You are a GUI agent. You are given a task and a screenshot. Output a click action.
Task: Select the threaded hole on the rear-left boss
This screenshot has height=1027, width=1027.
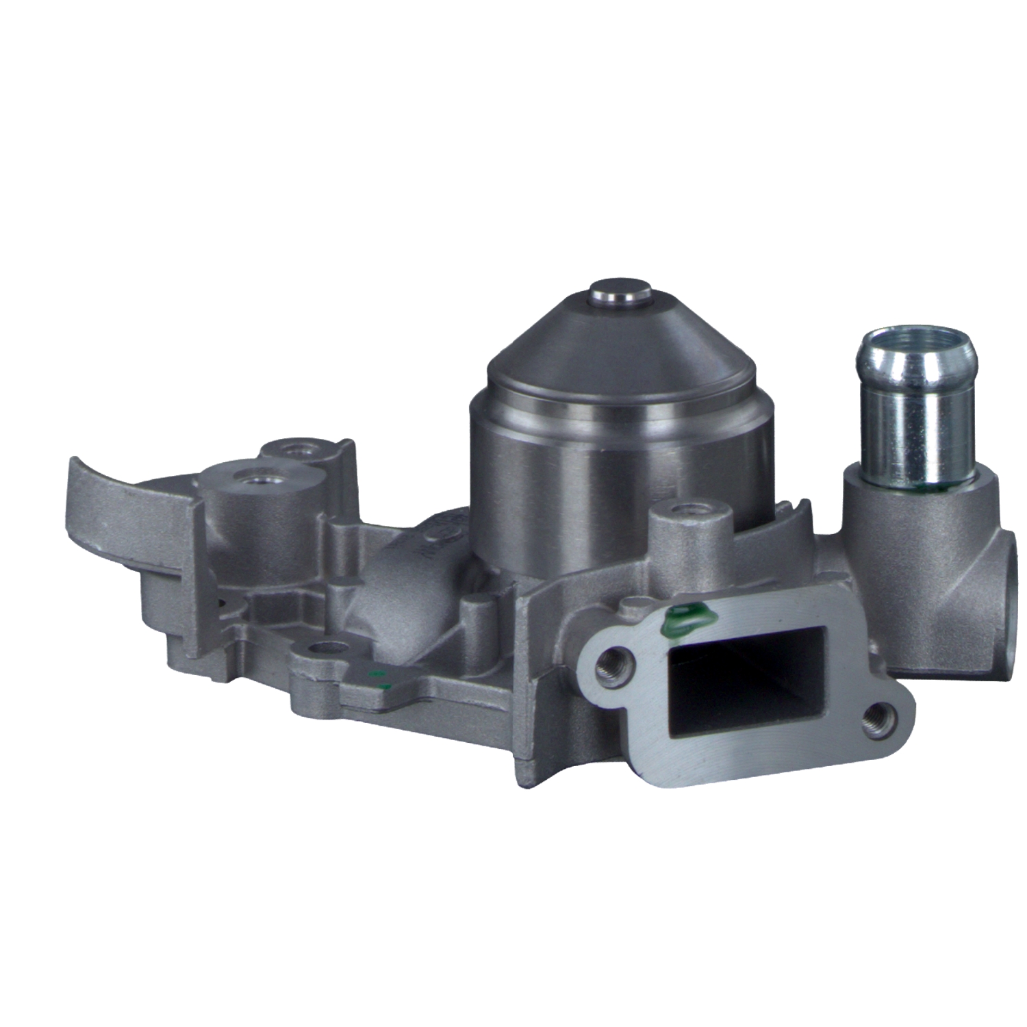(x=299, y=450)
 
